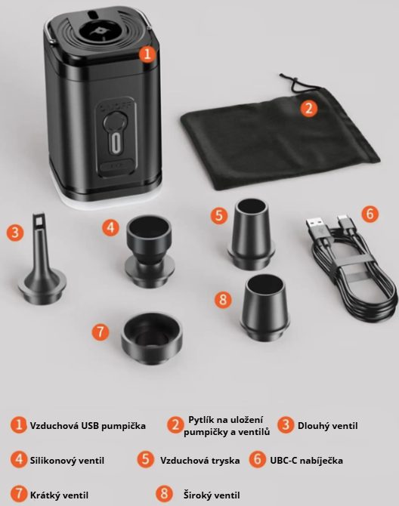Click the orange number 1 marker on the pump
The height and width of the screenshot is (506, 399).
pos(147,54)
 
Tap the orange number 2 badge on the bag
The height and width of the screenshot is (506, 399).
pos(308,108)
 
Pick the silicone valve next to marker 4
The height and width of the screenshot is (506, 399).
pos(149,252)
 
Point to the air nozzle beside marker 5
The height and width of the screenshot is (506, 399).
pos(252,234)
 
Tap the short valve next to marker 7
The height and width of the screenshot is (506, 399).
pos(151,338)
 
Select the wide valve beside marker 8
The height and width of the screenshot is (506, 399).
pos(264,307)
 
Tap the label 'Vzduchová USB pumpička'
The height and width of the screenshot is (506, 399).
pos(88,426)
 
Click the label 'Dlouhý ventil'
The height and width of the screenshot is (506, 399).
pos(327,426)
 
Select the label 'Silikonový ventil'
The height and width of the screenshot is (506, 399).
pos(67,460)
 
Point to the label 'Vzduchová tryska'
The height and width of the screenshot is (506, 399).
pos(200,460)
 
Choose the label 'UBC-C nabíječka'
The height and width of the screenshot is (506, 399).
pos(306,460)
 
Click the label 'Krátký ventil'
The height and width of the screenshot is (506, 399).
pos(59,495)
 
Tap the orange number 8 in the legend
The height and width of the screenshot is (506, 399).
pos(165,493)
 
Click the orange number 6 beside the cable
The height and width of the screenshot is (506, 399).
pos(370,214)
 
